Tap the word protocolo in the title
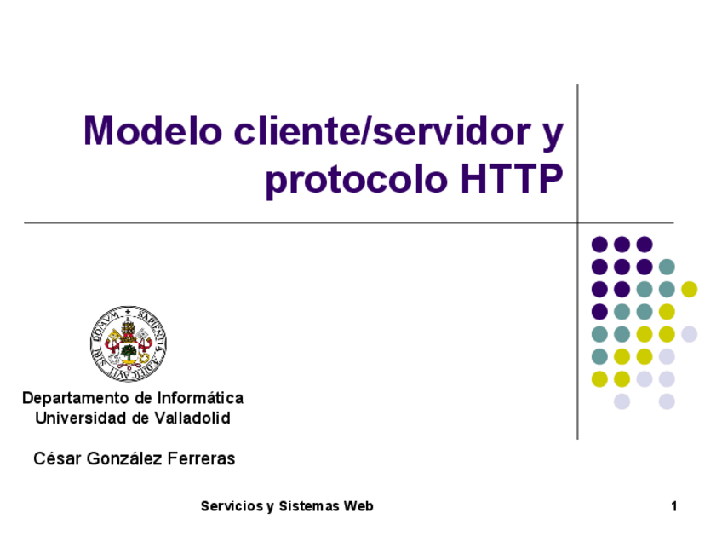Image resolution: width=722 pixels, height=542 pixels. [357, 180]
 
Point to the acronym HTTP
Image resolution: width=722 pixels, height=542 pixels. [512, 178]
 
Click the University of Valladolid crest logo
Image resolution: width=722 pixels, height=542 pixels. [129, 343]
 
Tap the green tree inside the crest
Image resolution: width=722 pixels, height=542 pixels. [129, 352]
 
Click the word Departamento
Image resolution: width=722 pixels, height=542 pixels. [76, 398]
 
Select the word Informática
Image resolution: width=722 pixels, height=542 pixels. [200, 397]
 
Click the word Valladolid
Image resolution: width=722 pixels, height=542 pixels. [192, 418]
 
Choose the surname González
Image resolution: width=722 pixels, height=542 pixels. [124, 458]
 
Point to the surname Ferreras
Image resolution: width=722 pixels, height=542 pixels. [201, 458]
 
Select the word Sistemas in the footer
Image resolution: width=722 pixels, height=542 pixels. [309, 506]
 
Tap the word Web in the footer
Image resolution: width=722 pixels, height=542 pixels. [358, 506]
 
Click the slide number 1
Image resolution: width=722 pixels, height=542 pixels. [674, 506]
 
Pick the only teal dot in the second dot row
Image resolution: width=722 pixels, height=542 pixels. [667, 267]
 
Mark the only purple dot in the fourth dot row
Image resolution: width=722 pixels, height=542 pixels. [599, 312]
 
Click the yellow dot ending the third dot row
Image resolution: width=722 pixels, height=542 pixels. [690, 290]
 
